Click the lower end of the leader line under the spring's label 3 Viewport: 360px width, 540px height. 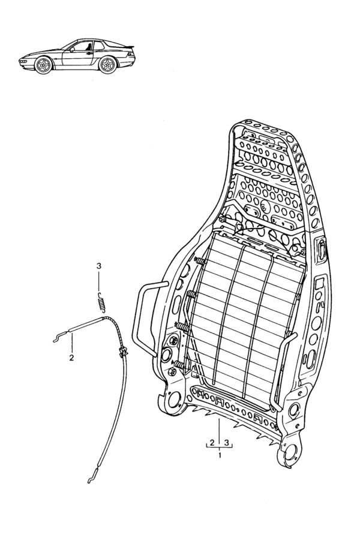tap(99, 292)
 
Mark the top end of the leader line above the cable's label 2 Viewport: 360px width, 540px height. tap(73, 332)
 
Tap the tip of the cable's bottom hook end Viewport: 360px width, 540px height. tap(89, 482)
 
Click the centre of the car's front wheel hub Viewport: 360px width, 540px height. tap(44, 65)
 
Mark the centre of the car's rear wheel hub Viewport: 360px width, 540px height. tap(107, 64)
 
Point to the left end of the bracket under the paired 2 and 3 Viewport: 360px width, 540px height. tap(206, 448)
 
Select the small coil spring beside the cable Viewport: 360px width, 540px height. tap(101, 302)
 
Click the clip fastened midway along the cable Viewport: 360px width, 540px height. tap(122, 352)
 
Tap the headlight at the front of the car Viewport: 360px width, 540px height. tap(22, 61)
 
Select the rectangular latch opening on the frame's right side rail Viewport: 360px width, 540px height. tap(321, 249)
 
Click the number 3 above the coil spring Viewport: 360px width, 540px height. tap(99, 266)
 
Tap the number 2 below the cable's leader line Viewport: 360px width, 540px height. tap(71, 358)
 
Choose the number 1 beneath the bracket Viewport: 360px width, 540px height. tap(220, 455)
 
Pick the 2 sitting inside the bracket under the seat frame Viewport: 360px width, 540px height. tap(212, 442)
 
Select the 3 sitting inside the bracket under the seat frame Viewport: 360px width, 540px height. tap(227, 442)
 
